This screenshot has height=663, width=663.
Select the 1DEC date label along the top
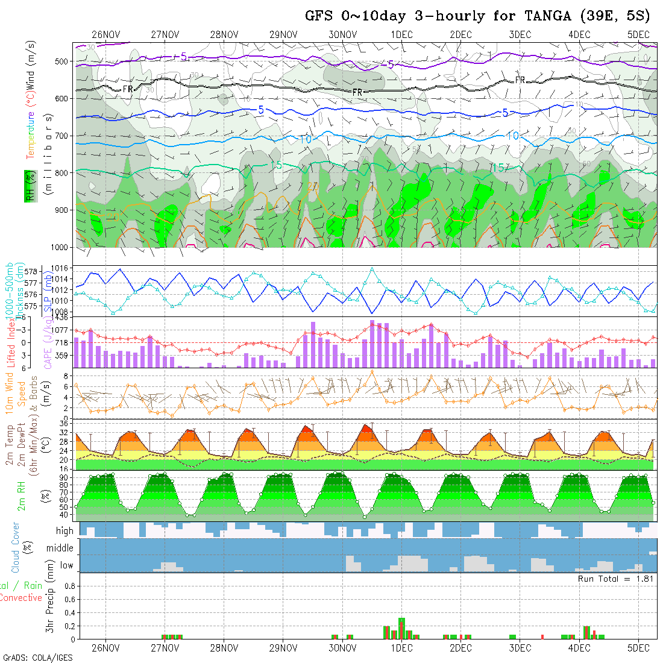(401, 34)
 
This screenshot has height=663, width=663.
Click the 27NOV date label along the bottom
(165, 648)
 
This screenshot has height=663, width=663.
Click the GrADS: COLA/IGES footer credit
(37, 658)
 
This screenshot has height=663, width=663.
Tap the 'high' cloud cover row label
(64, 531)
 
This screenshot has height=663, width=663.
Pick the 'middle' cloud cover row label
(60, 548)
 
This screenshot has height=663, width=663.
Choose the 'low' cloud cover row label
(66, 565)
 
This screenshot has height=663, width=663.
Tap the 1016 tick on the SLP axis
(63, 268)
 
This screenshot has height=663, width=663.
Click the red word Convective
(20, 598)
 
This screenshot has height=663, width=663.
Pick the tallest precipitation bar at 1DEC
(401, 628)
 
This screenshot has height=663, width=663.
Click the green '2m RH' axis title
(21, 492)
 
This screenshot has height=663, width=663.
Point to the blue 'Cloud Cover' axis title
(15, 547)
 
